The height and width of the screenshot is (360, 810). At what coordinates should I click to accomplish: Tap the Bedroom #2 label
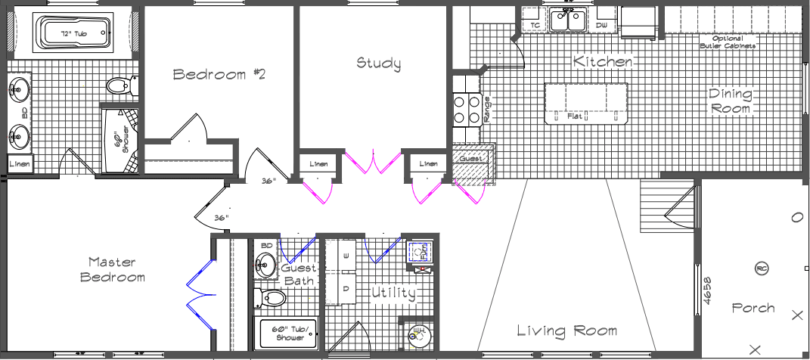pyautogui.click(x=219, y=74)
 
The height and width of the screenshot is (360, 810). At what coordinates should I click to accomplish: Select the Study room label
pyautogui.click(x=379, y=64)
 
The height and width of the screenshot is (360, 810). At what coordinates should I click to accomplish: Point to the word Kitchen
pyautogui.click(x=603, y=61)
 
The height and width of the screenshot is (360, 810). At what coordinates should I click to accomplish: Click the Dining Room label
pyautogui.click(x=730, y=101)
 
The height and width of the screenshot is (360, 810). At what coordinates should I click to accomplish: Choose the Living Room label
pyautogui.click(x=566, y=331)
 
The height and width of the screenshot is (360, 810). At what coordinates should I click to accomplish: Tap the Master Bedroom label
pyautogui.click(x=112, y=269)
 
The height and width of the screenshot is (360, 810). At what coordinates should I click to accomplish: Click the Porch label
pyautogui.click(x=753, y=308)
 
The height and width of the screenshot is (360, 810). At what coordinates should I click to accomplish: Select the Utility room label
pyautogui.click(x=393, y=293)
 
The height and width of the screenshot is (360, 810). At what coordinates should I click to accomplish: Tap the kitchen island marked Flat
pyautogui.click(x=586, y=104)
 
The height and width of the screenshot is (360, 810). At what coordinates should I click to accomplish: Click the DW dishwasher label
pyautogui.click(x=602, y=26)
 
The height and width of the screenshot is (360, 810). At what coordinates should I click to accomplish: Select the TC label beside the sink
pyautogui.click(x=535, y=26)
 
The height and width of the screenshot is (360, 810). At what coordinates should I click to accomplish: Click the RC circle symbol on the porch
pyautogui.click(x=762, y=268)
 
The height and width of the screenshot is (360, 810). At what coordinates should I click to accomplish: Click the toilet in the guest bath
pyautogui.click(x=272, y=298)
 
